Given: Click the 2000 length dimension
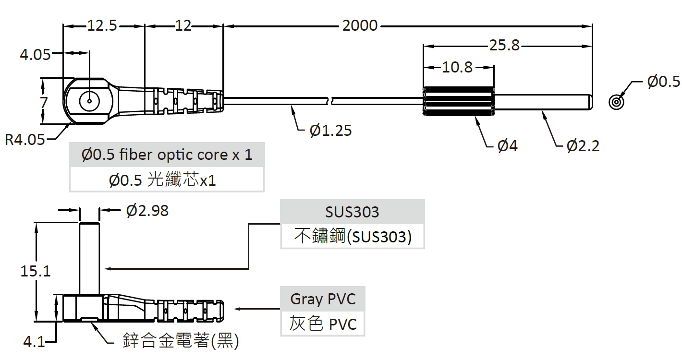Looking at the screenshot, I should [360, 25].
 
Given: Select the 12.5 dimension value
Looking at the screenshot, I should [102, 25].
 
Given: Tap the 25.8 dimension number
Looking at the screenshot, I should [504, 46].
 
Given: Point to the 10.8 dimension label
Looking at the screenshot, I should [457, 67].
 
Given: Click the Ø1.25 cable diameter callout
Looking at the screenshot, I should [330, 130].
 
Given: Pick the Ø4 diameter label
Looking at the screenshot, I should [508, 145].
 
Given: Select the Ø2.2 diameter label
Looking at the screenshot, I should [583, 145].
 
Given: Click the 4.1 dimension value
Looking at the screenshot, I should [34, 342].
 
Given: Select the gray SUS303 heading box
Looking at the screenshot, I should [352, 212].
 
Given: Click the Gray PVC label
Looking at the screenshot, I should [323, 299].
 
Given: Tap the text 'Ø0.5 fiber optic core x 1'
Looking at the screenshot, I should [167, 155].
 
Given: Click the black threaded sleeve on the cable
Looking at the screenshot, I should [459, 101].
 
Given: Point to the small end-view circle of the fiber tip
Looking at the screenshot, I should [617, 102].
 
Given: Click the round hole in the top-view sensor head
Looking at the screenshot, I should [89, 101].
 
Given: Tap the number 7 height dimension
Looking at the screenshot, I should [44, 102].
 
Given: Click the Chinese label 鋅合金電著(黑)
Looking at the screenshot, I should [181, 341].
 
